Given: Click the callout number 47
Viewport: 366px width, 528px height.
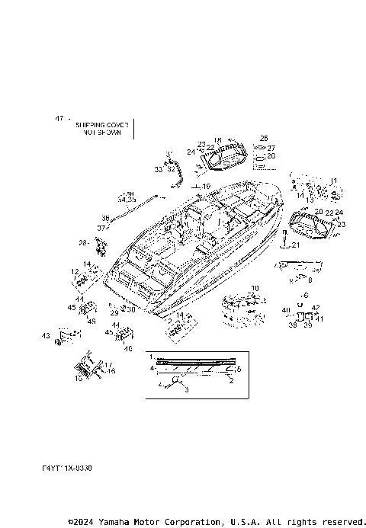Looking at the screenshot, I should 58,119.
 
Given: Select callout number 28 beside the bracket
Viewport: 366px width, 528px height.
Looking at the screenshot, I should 83,243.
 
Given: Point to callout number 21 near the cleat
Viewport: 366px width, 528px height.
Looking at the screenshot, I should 296,245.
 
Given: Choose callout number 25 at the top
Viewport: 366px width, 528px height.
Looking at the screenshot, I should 264,139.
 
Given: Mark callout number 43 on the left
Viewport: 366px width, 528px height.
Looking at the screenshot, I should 46,336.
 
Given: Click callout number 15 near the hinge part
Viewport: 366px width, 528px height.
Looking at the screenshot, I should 78,376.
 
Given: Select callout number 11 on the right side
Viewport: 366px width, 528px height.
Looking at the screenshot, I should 332,181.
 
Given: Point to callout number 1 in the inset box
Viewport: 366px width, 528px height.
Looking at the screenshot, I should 151,357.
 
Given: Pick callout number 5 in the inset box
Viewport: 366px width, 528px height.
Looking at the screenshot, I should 239,369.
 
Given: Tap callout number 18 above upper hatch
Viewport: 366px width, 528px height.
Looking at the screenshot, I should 217,140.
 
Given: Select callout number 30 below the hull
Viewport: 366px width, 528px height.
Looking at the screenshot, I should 131,309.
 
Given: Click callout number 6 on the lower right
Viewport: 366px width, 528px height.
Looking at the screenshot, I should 306,294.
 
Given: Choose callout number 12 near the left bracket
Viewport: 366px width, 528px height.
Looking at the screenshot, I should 75,271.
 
